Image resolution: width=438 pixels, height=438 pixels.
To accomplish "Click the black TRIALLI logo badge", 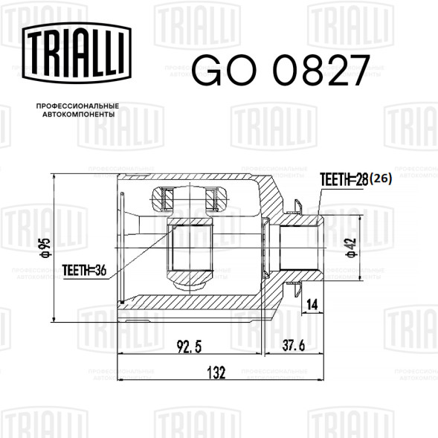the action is click(77, 53).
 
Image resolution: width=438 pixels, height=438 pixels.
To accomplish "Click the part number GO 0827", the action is click(281, 71).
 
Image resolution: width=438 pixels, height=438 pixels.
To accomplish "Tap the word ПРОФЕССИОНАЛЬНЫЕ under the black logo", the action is click(77, 106).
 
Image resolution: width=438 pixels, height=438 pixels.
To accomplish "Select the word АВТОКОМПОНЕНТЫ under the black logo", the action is click(79, 115).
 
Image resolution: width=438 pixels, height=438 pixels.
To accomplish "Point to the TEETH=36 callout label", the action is click(84, 270).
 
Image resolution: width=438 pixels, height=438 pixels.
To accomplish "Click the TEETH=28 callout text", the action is click(344, 179).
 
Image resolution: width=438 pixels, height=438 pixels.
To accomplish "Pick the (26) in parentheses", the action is click(381, 178).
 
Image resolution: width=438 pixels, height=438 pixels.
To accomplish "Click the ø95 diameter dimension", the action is click(45, 248).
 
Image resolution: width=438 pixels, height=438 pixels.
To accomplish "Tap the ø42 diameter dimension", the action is click(352, 248).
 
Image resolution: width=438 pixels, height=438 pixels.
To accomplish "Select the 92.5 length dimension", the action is click(189, 347).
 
